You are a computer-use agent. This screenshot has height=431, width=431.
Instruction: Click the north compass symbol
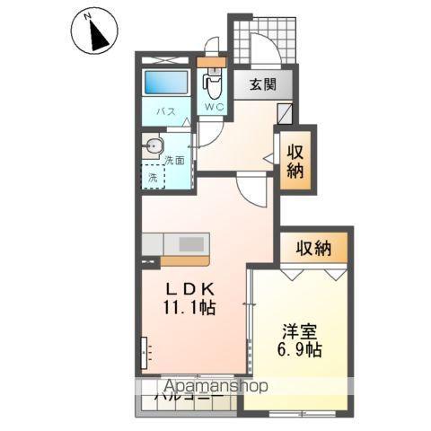94,33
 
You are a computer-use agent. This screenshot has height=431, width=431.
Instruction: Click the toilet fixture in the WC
213,86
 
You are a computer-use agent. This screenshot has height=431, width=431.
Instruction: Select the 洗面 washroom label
174,161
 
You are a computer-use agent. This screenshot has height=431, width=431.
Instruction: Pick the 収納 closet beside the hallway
295,160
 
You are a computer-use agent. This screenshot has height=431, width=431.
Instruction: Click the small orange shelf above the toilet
213,64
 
